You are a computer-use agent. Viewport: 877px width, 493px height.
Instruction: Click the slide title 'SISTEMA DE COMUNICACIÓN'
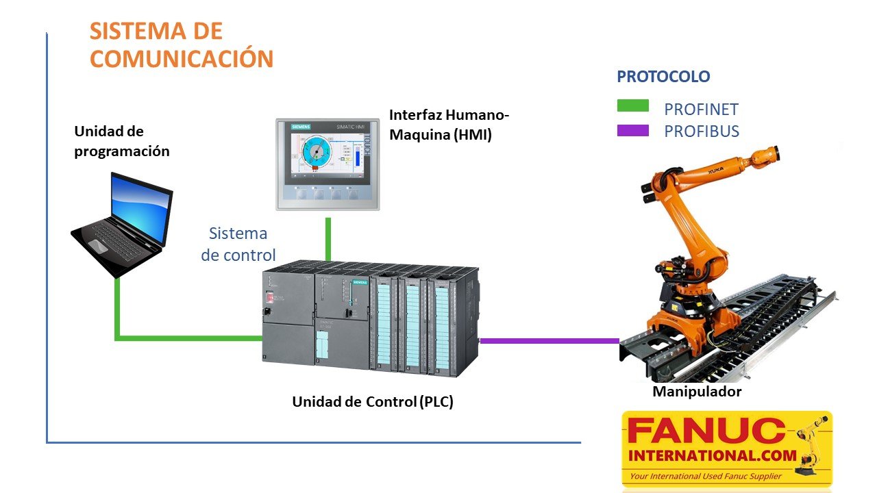[182, 45]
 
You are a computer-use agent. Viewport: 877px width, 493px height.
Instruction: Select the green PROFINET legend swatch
[632, 105]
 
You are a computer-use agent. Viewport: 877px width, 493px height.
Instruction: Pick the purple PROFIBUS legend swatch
[632, 130]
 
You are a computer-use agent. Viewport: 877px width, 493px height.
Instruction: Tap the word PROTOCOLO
[663, 77]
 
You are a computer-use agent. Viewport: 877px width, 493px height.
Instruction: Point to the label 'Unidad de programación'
[121, 141]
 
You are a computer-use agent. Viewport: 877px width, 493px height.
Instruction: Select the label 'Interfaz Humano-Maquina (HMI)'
[449, 125]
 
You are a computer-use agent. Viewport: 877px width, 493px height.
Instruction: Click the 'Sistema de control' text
[238, 244]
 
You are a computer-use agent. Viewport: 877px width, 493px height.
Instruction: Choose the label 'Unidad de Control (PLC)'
[373, 402]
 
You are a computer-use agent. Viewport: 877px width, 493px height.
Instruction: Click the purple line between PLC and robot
[548, 340]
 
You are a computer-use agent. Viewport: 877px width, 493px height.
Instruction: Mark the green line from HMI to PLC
[328, 240]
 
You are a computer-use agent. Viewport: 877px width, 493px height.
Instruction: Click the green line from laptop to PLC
[185, 337]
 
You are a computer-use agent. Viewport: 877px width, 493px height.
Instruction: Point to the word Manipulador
[697, 392]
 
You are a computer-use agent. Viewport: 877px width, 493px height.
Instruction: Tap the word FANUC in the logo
[706, 431]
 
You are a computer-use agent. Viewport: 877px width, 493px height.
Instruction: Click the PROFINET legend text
[701, 110]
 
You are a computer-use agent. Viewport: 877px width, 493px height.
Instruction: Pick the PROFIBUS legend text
[702, 131]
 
